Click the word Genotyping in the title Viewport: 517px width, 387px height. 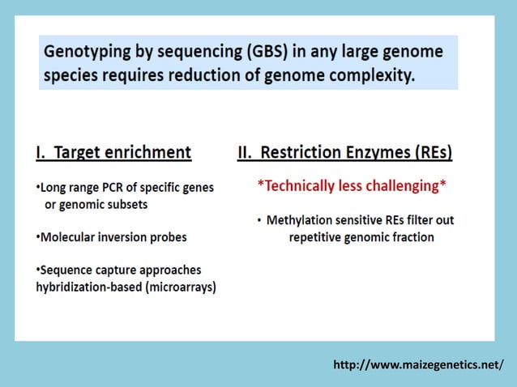pos(85,52)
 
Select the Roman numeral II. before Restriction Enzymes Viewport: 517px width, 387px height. pos(246,151)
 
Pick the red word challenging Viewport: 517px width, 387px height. pos(401,186)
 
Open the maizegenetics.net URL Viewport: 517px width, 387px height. pos(418,365)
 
